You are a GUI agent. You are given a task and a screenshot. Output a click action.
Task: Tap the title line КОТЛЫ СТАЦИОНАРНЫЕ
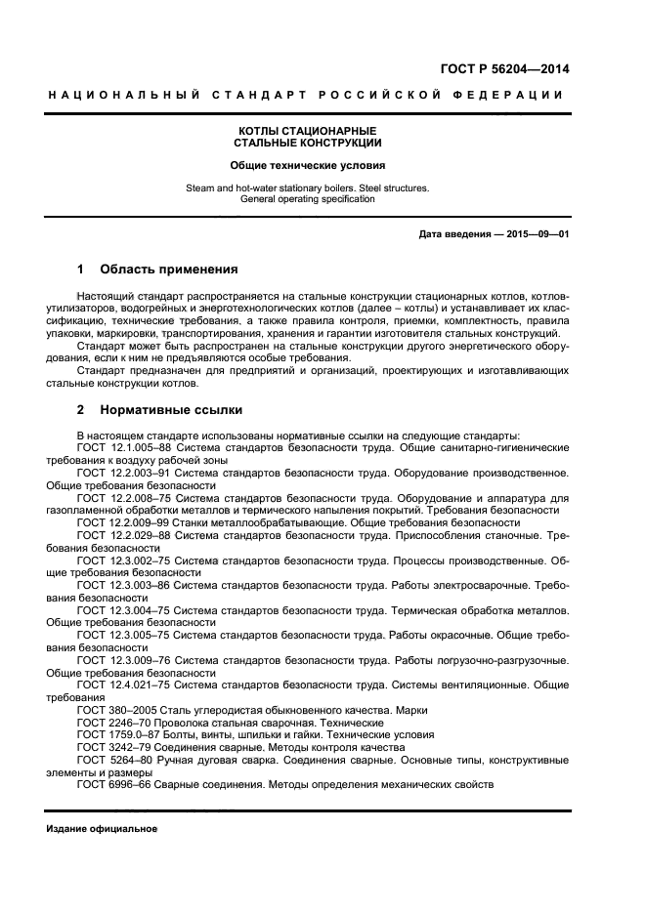(308, 131)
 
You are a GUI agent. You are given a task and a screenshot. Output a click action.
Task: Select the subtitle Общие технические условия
(308, 166)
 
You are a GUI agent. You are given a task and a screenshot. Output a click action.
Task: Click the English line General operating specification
(308, 198)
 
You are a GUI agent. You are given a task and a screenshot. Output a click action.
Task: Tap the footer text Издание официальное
(102, 829)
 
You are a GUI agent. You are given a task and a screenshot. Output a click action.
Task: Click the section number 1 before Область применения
(80, 269)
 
